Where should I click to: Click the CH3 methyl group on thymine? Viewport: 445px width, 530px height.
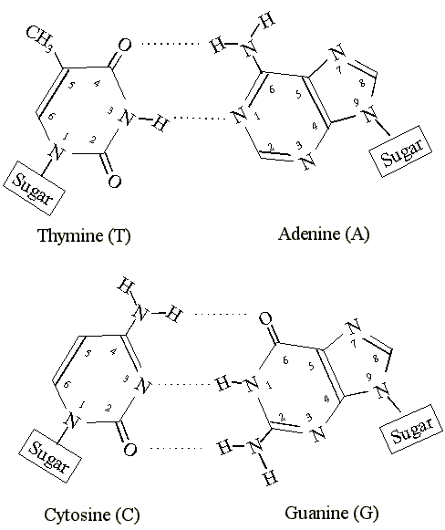39,38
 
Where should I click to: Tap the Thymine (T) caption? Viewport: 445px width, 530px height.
84,235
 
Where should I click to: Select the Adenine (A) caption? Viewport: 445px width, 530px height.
324,234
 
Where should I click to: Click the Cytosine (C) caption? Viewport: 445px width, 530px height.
91,514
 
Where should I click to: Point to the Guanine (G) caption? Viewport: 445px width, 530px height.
331,513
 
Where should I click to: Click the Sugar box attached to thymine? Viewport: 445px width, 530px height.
34,188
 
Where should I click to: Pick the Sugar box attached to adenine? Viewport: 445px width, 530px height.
401,151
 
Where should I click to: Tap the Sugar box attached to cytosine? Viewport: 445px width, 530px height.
49,456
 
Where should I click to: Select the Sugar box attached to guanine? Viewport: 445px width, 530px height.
411,430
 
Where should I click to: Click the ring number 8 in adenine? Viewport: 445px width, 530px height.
363,83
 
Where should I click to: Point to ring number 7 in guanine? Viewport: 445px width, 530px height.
354,344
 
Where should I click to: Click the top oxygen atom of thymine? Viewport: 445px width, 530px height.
124,45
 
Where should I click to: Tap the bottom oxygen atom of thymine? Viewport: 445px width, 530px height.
115,182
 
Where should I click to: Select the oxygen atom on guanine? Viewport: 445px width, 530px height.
265,318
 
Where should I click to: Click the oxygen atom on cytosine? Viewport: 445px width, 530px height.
129,450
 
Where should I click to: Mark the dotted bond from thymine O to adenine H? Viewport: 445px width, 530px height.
171,43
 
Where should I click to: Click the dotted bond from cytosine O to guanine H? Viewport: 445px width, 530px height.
176,449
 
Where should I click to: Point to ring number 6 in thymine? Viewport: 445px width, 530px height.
51,117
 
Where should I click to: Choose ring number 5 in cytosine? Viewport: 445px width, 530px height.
88,354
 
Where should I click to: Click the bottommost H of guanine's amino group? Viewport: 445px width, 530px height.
271,478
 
